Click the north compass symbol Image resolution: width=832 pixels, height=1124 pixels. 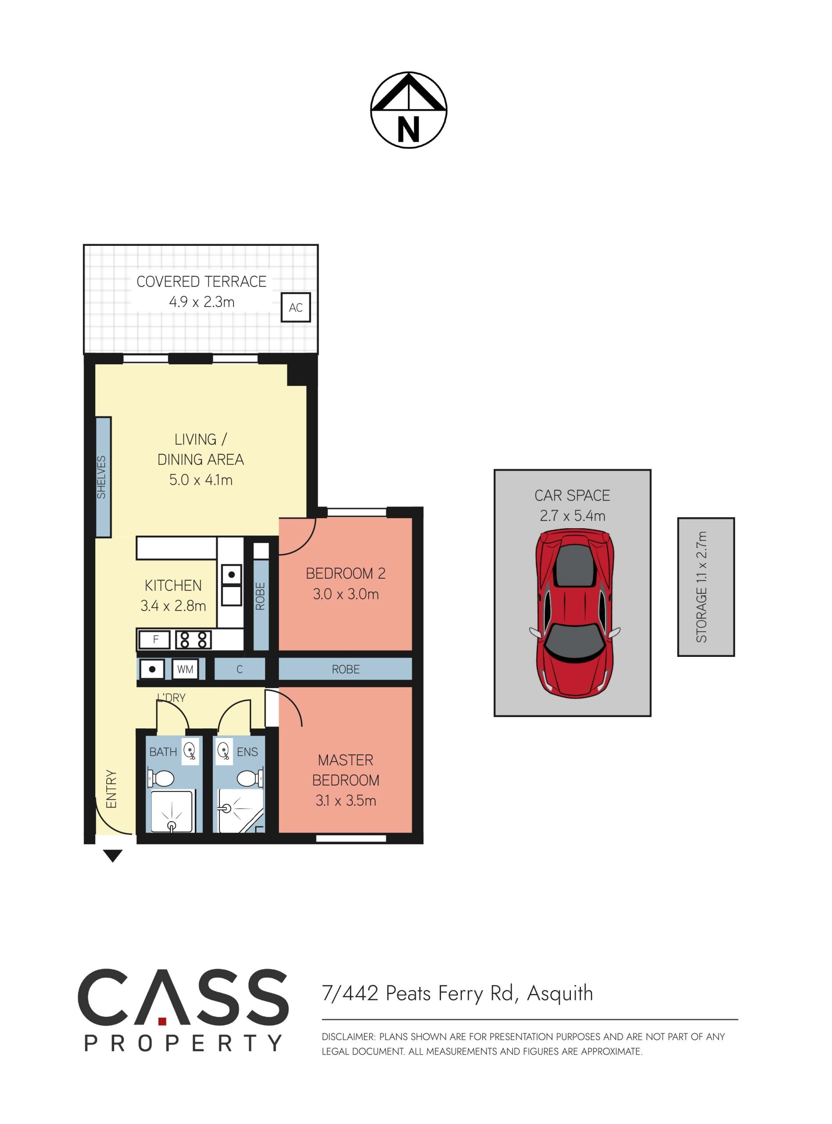tap(409, 110)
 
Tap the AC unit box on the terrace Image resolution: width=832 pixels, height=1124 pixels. tap(296, 307)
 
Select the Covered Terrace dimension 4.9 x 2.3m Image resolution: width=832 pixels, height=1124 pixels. tap(201, 302)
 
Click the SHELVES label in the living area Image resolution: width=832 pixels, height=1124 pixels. tap(102, 477)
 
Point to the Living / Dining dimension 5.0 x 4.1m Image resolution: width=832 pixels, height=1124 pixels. tap(201, 479)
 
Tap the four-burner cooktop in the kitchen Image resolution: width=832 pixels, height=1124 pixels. tap(194, 640)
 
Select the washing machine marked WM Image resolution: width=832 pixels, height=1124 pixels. tap(185, 669)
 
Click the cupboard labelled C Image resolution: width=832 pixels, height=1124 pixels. tap(240, 669)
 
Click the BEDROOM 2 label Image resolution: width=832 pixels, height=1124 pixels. tap(345, 573)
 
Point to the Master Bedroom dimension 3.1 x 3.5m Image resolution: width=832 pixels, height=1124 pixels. tap(345, 800)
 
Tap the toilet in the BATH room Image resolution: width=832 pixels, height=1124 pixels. tap(161, 778)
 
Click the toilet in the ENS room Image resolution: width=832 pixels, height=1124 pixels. tap(250, 778)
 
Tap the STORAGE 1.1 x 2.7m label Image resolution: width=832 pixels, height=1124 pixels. tap(702, 587)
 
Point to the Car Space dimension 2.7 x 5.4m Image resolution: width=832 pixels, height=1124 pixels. tap(573, 516)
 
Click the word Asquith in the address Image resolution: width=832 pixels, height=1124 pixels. tap(560, 993)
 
